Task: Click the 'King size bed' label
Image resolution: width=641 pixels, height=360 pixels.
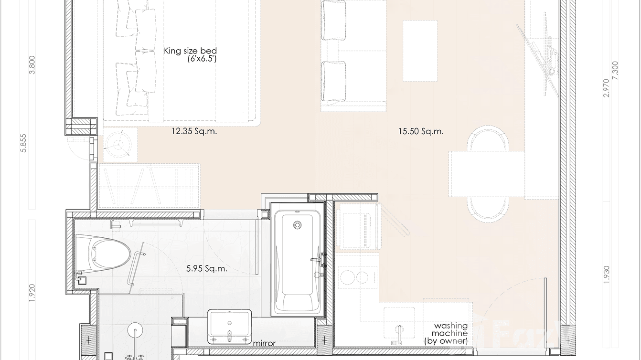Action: tap(191, 51)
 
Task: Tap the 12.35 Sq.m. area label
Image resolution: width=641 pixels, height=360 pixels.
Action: tap(194, 131)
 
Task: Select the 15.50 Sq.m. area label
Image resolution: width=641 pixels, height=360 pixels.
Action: tap(421, 131)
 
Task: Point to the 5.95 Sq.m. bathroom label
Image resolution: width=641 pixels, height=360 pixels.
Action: tap(207, 269)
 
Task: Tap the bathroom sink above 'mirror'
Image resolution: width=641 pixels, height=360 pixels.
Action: tap(230, 326)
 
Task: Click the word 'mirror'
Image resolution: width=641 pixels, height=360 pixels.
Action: tap(264, 343)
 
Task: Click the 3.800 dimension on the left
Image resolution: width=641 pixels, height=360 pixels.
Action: tap(32, 65)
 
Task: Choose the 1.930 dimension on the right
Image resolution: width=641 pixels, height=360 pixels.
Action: tap(606, 275)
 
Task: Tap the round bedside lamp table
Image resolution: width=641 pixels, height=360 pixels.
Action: tap(118, 143)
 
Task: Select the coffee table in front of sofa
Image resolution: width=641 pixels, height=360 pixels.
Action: tap(420, 51)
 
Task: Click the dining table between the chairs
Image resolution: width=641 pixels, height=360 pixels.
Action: tap(486, 173)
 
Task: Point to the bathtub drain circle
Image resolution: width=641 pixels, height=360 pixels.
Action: tap(298, 224)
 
